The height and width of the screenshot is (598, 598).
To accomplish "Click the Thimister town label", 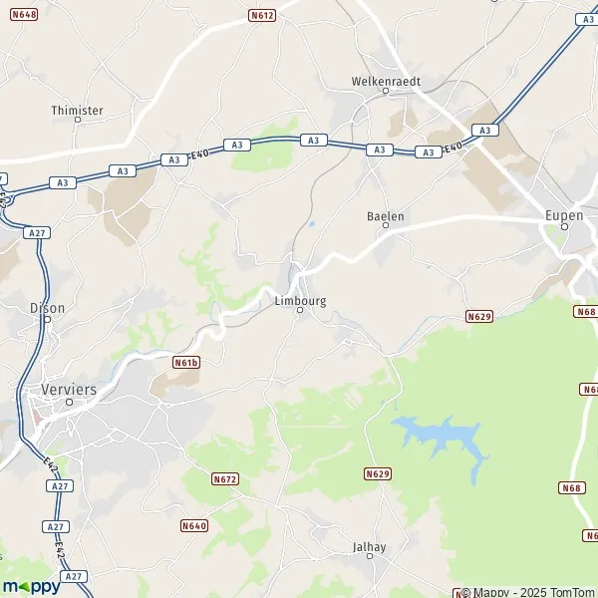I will [77, 111].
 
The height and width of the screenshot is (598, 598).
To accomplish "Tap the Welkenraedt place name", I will [386, 81].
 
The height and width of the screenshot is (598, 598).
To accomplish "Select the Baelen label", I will [386, 215].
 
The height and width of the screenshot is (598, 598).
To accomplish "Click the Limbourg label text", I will [300, 299].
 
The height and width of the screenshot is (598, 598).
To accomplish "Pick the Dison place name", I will [48, 308].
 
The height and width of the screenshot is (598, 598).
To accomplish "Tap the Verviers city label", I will [70, 389].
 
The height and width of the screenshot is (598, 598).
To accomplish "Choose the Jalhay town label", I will [369, 547].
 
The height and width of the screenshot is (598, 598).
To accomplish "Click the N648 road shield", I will [25, 15].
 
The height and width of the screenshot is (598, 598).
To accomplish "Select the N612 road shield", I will [262, 15].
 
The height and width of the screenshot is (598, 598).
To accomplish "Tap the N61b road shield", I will [186, 362].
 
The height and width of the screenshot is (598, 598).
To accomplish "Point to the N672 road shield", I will [226, 479].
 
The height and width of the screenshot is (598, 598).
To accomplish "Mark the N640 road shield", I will [194, 525].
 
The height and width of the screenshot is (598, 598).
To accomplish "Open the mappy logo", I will [32, 586].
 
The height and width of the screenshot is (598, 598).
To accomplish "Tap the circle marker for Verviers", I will [69, 403].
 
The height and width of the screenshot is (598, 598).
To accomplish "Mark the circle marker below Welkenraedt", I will [386, 93].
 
